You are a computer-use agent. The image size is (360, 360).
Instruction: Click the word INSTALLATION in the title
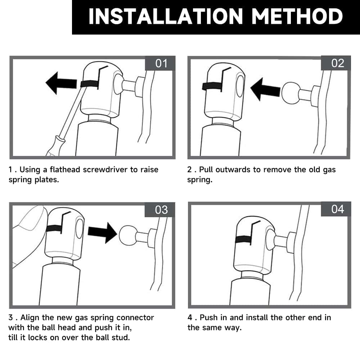(166, 16)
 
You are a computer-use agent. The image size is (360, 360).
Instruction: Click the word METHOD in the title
(297, 16)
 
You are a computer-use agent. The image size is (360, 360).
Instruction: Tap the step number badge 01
(160, 63)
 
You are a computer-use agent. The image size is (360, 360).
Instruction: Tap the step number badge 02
(336, 63)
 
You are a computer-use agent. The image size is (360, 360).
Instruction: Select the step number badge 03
(160, 210)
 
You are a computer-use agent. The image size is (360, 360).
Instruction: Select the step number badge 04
(336, 209)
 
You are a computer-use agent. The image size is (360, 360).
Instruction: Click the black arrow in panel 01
(61, 83)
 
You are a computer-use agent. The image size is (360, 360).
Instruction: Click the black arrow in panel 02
(265, 90)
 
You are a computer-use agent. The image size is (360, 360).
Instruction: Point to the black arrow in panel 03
(103, 233)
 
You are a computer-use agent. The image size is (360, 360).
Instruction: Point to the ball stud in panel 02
(291, 93)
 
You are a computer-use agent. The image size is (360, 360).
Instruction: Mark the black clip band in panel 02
(212, 86)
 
